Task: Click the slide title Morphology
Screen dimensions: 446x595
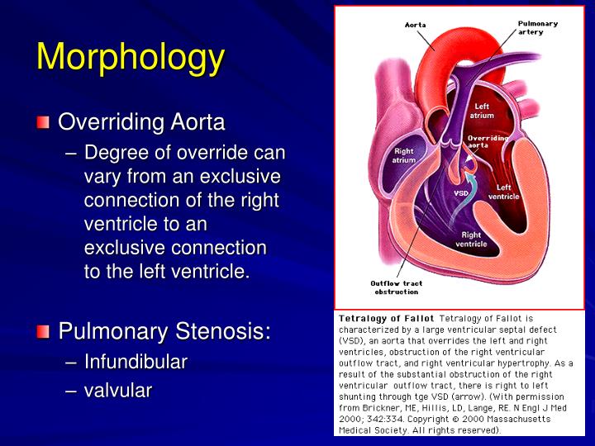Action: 131,57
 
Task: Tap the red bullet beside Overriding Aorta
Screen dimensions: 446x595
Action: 43,123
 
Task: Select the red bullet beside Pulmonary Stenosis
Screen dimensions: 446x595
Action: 43,332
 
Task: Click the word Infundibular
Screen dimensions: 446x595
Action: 136,362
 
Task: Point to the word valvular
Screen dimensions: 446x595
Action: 117,390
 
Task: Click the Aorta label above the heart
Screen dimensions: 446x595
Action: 416,25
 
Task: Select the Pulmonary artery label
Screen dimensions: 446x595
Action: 537,27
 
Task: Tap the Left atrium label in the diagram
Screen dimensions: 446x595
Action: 483,111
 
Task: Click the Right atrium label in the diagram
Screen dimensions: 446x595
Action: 404,155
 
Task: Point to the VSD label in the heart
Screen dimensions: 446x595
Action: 461,193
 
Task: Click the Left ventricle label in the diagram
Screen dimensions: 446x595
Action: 503,192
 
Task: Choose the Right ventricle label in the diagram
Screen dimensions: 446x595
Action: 471,240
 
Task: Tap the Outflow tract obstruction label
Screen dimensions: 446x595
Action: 397,287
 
